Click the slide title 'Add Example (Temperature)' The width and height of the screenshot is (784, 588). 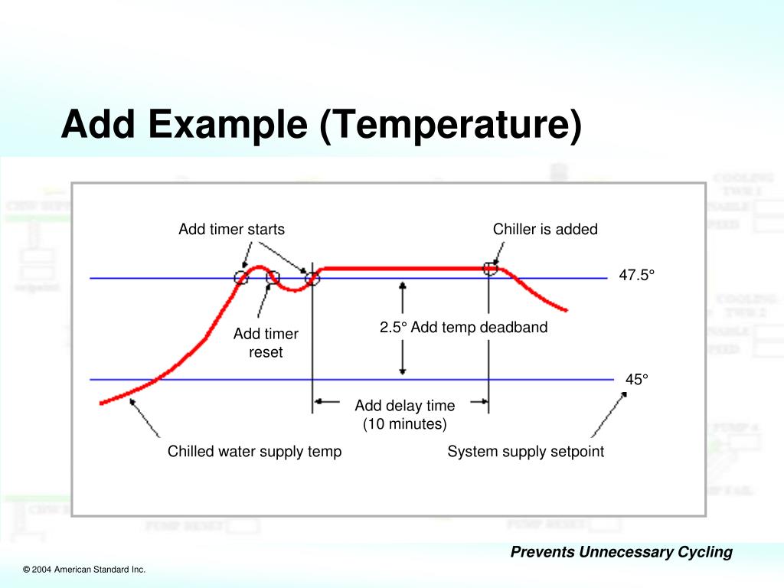(x=321, y=125)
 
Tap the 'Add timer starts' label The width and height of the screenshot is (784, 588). (x=231, y=229)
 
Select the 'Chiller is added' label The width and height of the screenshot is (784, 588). (x=545, y=229)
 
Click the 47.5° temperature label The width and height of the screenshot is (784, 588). (x=638, y=276)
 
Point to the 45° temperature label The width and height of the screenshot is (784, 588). (x=636, y=379)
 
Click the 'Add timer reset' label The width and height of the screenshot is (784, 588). (x=266, y=343)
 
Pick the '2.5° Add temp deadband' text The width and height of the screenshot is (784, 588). (x=464, y=328)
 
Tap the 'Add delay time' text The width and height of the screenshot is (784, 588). (x=404, y=406)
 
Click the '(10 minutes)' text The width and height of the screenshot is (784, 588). (x=404, y=423)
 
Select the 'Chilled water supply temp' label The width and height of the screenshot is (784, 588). (x=254, y=452)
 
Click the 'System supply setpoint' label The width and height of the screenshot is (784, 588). (x=525, y=452)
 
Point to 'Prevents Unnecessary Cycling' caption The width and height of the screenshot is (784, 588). (x=622, y=552)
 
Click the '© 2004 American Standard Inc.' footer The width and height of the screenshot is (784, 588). (x=84, y=570)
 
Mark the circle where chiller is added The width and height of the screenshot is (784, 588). (x=491, y=268)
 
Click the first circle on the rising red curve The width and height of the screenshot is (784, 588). (x=241, y=277)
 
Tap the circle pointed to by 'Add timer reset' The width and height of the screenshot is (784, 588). (x=273, y=277)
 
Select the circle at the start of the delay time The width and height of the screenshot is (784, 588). (x=312, y=277)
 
